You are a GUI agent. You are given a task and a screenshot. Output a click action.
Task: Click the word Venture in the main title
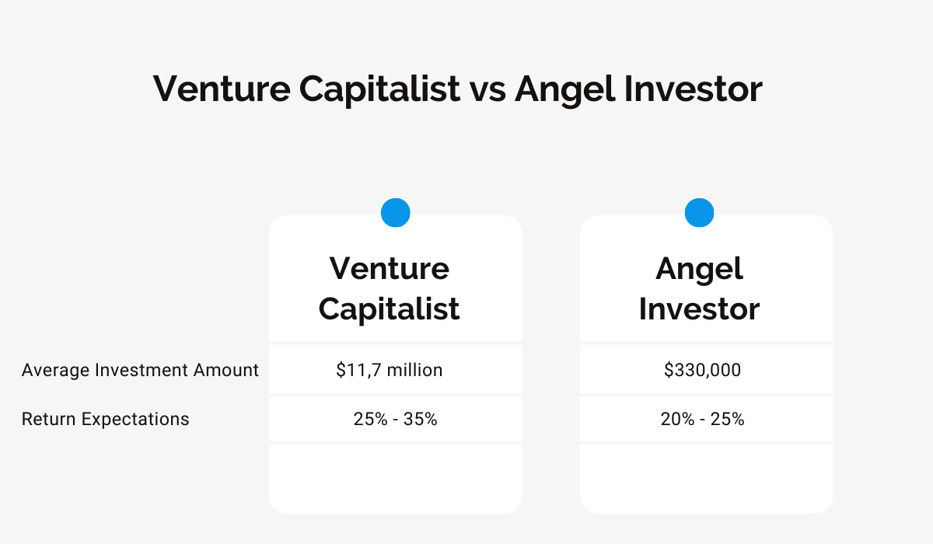coord(222,89)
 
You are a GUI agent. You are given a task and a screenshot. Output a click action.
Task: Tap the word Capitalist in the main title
coord(380,90)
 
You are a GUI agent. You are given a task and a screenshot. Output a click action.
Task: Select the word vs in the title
coord(487,92)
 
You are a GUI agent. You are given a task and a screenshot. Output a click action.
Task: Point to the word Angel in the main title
coord(564,90)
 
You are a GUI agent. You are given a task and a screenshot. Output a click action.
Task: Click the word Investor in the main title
coord(694,89)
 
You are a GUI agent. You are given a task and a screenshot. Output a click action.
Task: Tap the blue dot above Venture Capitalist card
coord(395,213)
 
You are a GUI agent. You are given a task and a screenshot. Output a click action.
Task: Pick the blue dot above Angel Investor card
coord(699,213)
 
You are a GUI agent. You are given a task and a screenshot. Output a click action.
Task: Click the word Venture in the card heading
coord(390,268)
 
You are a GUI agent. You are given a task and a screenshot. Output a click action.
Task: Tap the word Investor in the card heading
coord(699,309)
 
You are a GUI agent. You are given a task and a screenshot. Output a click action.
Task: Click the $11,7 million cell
coord(389,370)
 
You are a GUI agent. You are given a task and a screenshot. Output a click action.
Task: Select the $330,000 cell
coord(702,370)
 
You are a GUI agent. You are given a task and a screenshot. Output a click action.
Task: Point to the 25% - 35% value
coord(395,419)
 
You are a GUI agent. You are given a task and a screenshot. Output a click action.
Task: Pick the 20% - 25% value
coord(702,419)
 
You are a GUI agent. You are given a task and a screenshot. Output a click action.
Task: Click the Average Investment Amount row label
coord(140,370)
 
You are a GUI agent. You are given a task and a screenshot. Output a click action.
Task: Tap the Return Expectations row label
coord(106,419)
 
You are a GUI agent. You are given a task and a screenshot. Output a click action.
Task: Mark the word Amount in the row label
coord(226,370)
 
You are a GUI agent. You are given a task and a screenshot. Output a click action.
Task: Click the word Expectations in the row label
coord(135,419)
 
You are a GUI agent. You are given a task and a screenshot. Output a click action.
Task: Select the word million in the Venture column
coord(415,370)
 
